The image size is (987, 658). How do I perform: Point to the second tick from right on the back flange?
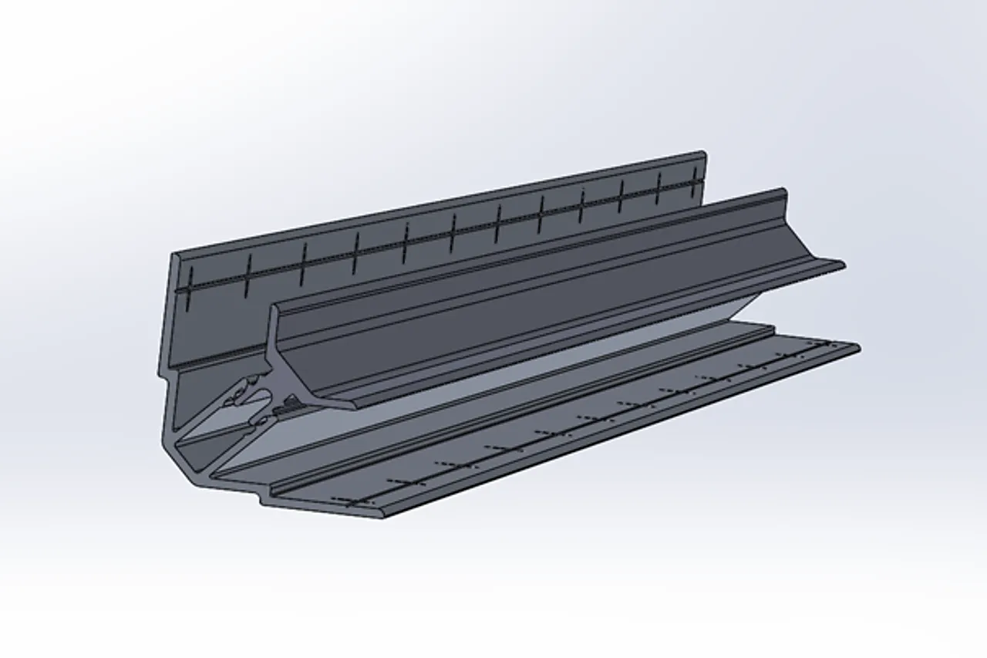658,189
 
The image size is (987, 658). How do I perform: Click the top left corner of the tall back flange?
173,254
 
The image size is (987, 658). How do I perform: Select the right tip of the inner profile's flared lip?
843,265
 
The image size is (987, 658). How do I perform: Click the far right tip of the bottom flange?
857,347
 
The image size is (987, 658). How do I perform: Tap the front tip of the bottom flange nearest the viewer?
383,515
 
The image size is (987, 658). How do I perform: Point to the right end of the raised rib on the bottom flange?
772,329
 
